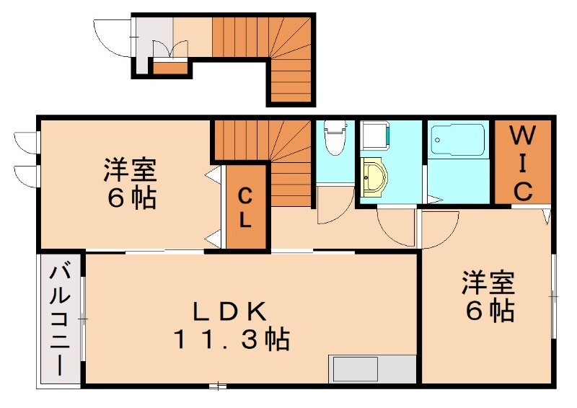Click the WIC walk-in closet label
523,163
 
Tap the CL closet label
245,208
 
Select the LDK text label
231,311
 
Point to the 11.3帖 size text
231,338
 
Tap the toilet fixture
334,137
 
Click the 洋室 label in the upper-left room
130,171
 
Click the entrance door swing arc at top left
112,37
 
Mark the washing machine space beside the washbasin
375,136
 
